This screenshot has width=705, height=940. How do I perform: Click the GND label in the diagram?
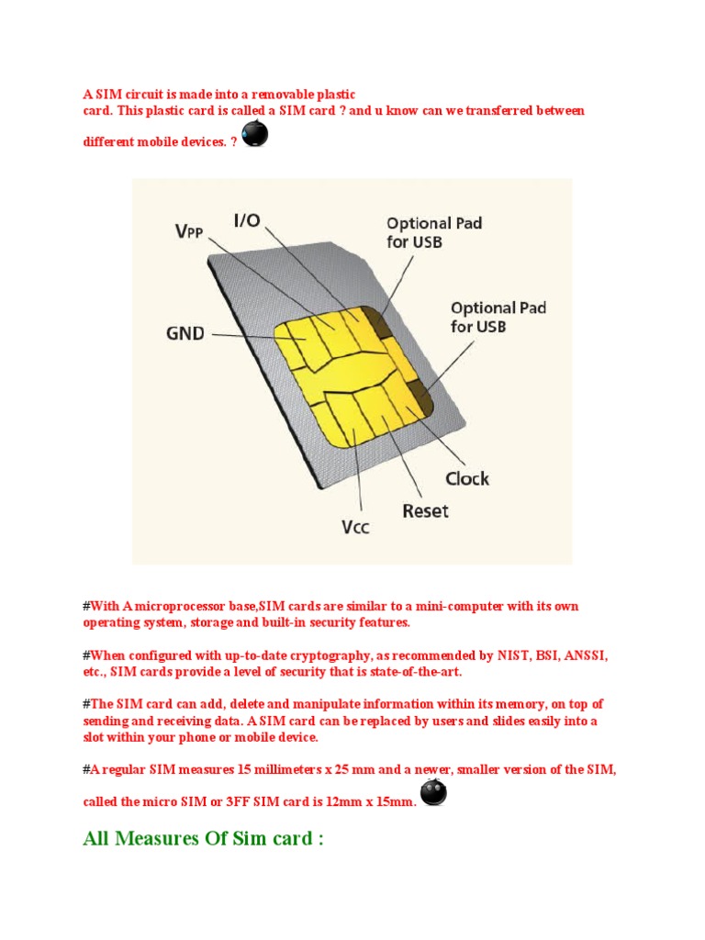[185, 333]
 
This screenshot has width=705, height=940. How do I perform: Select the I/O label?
[247, 219]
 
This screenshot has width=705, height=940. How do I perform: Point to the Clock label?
[467, 478]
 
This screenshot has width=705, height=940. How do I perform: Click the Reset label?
[426, 510]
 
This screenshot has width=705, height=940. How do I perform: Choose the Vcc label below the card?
[355, 528]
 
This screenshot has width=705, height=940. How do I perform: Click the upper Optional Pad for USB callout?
[434, 231]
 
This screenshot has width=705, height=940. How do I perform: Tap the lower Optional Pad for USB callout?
[498, 317]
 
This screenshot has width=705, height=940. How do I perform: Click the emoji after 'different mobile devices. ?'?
[254, 135]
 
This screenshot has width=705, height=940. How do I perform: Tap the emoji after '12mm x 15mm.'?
[433, 793]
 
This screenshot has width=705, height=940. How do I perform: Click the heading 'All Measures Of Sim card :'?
[203, 840]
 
